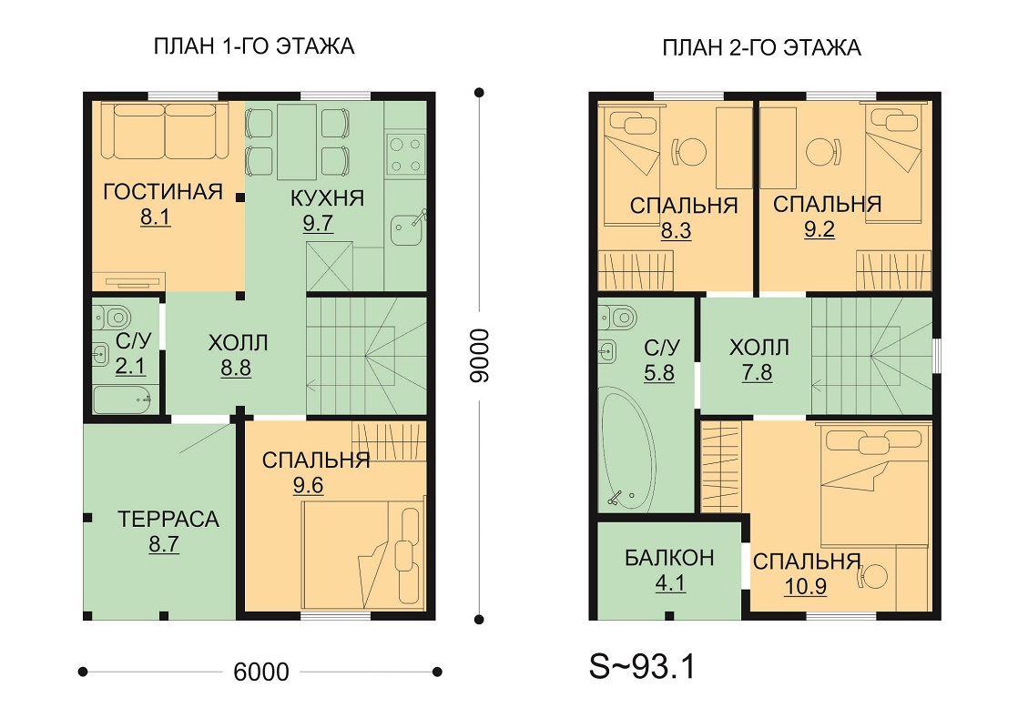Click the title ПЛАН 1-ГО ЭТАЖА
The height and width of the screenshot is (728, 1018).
coord(254,46)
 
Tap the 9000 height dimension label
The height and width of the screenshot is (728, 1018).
coord(479,356)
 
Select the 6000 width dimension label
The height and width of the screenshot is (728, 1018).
coord(261,672)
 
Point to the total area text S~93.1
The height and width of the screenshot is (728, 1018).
coord(642,666)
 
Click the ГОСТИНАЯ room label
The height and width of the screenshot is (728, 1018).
coord(163,192)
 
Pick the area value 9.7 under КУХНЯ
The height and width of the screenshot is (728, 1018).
coord(318,223)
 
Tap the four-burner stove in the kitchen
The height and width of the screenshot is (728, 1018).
coord(405,155)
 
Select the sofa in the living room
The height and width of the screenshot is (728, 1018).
coord(165,130)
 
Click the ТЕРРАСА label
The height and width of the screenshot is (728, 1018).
coord(168,519)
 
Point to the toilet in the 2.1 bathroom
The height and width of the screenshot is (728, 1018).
coord(113,318)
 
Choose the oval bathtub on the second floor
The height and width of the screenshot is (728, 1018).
coord(627,449)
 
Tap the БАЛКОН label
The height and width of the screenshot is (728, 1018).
coord(669,558)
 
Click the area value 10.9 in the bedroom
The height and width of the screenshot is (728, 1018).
coord(805,587)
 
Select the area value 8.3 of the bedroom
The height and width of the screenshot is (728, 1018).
coord(676,231)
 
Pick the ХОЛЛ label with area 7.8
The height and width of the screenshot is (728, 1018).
coord(759,348)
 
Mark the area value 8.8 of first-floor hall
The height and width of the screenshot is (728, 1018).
coord(236,369)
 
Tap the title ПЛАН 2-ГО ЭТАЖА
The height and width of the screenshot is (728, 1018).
coord(761,48)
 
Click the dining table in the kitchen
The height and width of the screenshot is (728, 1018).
coord(297,142)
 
